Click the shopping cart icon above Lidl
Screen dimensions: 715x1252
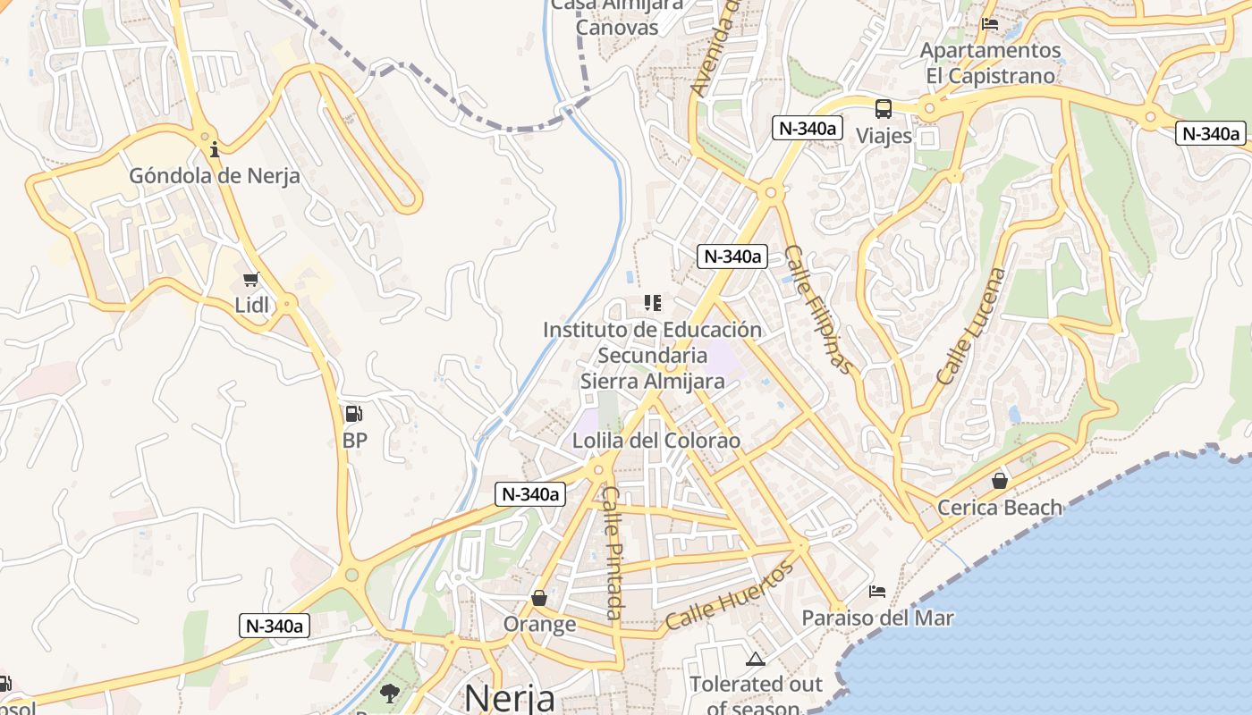[251, 280]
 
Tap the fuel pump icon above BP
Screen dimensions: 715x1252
[354, 414]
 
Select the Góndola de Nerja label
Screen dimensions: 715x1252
[215, 175]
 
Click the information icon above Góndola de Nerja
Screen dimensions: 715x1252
[215, 148]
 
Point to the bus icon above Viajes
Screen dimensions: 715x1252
[884, 109]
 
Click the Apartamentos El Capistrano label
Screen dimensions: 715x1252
[990, 63]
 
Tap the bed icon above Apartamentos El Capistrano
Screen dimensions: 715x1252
[990, 23]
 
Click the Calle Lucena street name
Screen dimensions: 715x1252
[971, 326]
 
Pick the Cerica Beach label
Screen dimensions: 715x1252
[1000, 508]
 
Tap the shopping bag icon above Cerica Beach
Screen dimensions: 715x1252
[1000, 481]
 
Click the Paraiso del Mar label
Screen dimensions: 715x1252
[877, 618]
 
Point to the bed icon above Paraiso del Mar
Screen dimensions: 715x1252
[877, 592]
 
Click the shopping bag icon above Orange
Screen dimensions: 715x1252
[539, 597]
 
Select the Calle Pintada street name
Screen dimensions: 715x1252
[613, 552]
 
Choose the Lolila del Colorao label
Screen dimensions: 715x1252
[656, 441]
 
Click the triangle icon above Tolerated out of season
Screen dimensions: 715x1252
[756, 660]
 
